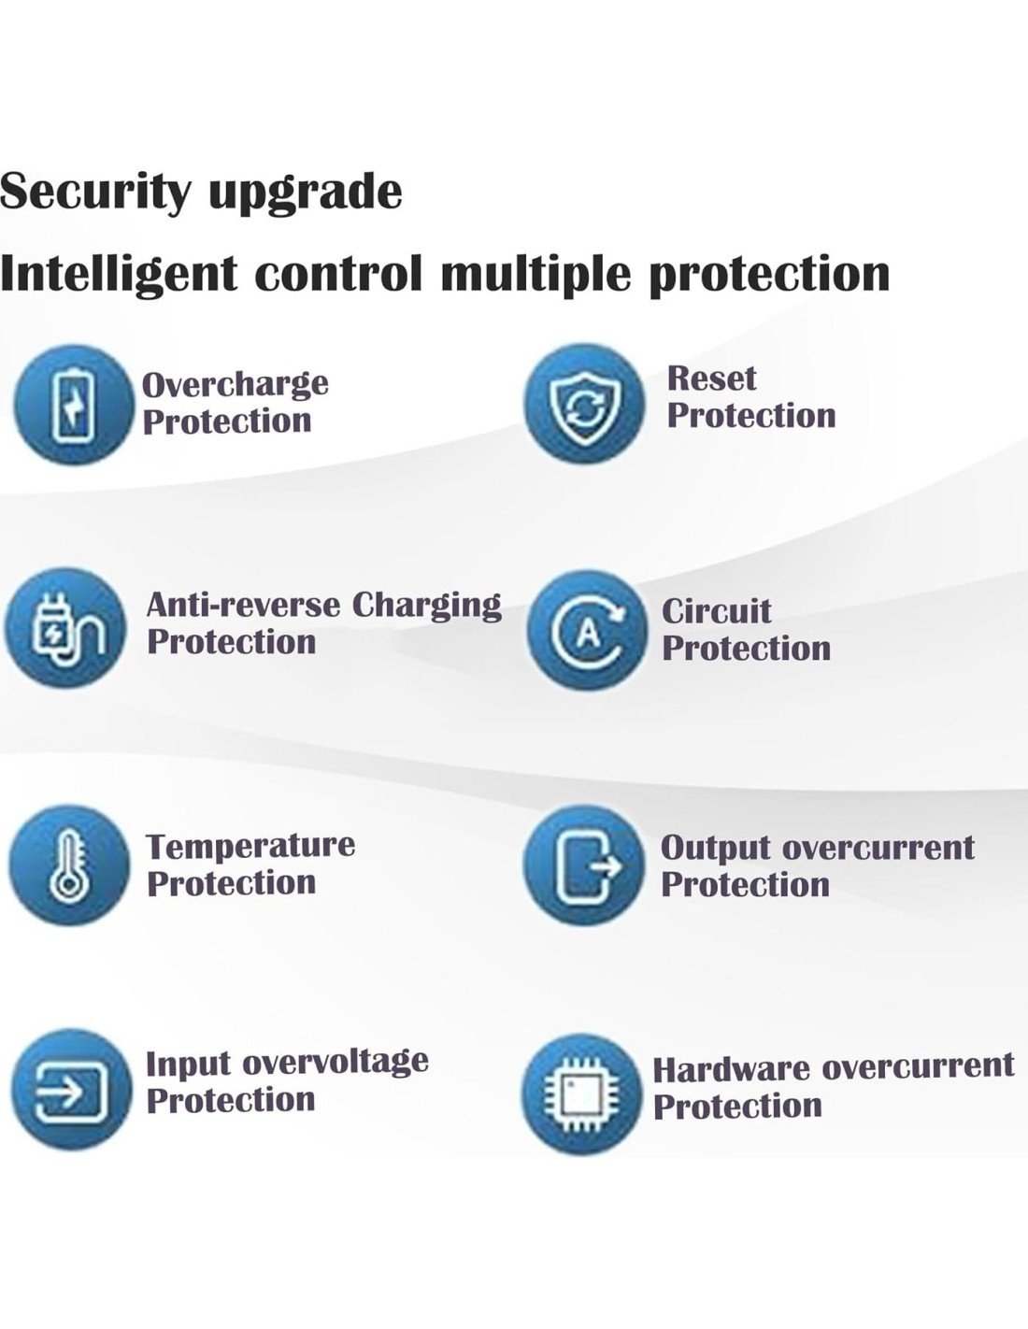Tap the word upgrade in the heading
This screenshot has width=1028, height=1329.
tap(306, 193)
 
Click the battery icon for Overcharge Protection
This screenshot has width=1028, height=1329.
tap(74, 405)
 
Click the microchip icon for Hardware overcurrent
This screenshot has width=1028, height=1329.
tap(581, 1094)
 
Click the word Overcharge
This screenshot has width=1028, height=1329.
tap(236, 385)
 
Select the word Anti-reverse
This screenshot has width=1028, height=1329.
tap(243, 606)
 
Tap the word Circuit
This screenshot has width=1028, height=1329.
tap(717, 611)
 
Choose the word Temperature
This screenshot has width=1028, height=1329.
tap(250, 847)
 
